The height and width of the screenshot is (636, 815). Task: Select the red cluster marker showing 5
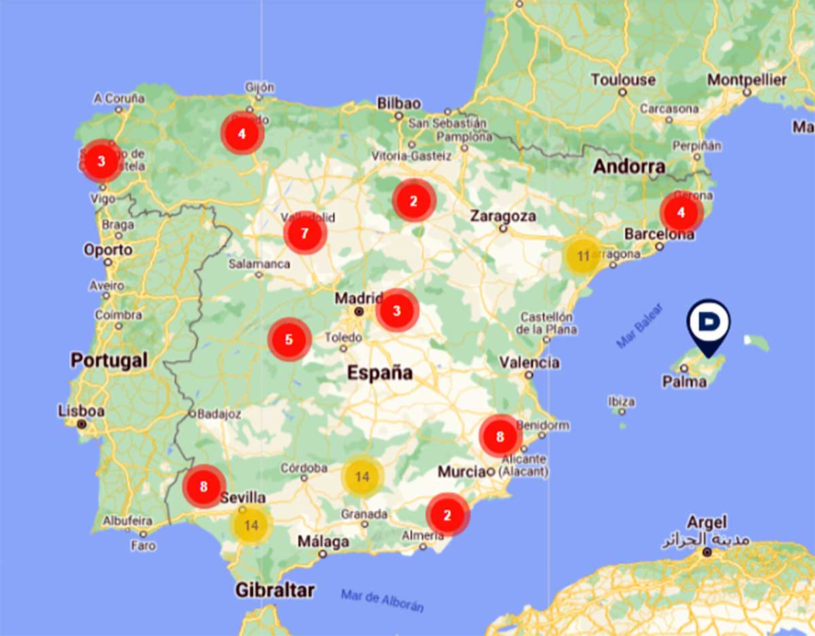(x=289, y=339)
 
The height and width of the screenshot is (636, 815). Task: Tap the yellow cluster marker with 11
(x=583, y=256)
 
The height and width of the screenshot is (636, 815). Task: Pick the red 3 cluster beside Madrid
(x=397, y=311)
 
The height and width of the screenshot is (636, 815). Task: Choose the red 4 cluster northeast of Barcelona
(x=681, y=212)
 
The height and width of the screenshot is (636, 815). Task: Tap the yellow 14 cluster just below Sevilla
(x=251, y=525)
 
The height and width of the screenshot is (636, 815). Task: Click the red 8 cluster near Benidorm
(x=500, y=436)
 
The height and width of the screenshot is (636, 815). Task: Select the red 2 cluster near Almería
(x=447, y=515)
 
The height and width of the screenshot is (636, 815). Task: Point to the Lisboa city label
(x=81, y=411)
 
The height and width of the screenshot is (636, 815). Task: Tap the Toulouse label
(x=623, y=79)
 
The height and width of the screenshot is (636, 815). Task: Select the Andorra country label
(x=629, y=166)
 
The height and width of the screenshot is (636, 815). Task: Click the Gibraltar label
(x=274, y=590)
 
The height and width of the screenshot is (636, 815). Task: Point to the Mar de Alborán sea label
(x=382, y=601)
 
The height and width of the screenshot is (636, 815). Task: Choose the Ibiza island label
(x=621, y=401)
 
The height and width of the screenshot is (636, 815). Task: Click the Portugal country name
(x=109, y=360)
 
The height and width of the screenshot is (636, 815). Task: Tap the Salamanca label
(x=259, y=263)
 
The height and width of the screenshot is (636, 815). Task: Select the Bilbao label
(x=399, y=104)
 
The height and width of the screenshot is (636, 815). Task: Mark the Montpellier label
(x=747, y=79)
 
